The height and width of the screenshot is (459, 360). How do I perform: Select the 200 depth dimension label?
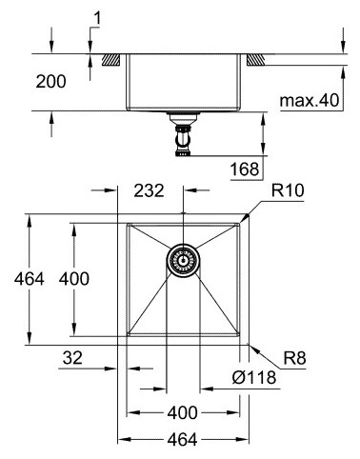coord(50,82)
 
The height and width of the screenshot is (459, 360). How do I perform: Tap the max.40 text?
coord(308,100)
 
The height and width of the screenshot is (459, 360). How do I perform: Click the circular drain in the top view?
coord(182,259)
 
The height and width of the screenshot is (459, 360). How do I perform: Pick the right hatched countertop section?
coord(256,59)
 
